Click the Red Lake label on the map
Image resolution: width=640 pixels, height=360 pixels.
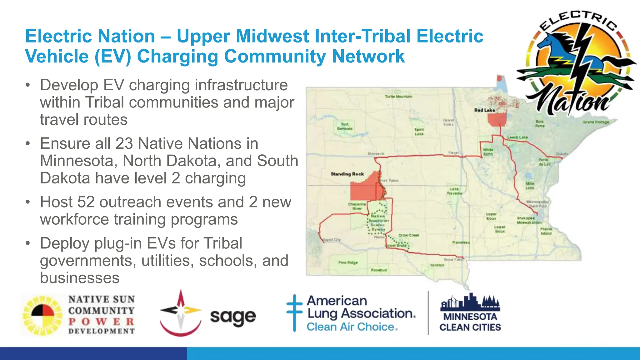pos(484,110)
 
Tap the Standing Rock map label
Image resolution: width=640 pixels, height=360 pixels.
pos(347,174)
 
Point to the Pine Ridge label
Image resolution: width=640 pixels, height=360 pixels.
pos(348,262)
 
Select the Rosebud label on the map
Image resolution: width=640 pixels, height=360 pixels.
pos(379,270)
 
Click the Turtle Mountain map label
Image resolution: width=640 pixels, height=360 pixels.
pos(398,97)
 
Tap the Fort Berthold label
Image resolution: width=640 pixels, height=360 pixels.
pos(345,127)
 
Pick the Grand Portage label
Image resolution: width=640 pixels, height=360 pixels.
pos(596,122)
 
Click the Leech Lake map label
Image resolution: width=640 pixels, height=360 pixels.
pos(517,137)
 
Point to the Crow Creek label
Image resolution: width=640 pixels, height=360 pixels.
pos(409,235)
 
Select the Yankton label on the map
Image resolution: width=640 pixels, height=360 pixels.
pos(437,265)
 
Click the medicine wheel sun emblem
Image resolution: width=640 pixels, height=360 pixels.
pos(42,316)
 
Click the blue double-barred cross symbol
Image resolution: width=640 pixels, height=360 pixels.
pos(294,312)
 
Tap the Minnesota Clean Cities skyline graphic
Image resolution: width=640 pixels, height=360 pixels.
pos(470,302)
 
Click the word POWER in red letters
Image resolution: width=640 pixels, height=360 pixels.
pos(101,321)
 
